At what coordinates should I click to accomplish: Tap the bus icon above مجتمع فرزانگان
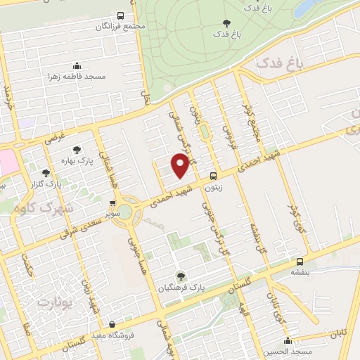(x=120, y=15)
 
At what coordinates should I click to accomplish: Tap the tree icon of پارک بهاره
(x=77, y=149)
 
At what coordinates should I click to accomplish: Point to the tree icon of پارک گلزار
(x=46, y=173)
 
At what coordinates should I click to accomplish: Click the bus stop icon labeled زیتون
(x=213, y=176)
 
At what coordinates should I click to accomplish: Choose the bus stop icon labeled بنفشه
(x=300, y=259)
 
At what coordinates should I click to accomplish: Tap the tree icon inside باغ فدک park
(x=226, y=23)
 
